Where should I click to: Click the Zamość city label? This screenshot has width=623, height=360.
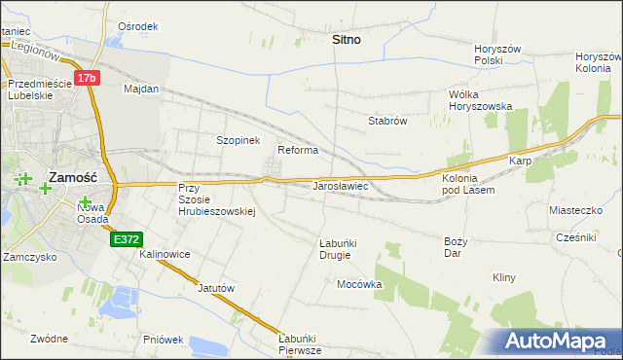pos(71,177)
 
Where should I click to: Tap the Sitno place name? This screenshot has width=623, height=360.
pos(346,40)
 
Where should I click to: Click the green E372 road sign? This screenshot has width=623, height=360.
pos(127,238)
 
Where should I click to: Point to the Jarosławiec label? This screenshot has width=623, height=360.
pos(340,184)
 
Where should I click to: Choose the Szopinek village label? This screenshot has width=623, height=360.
pos(238,140)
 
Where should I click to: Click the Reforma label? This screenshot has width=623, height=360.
pos(298,150)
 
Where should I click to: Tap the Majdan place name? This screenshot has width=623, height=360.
pos(141,89)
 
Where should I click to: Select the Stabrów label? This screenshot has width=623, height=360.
pos(386,121)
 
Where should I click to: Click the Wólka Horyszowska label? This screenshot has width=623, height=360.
pos(480,100)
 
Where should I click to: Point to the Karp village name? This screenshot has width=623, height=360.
pos(518,161)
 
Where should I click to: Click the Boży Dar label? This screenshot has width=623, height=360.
pos(457,246)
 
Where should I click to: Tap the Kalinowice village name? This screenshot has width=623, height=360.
pos(165,254)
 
